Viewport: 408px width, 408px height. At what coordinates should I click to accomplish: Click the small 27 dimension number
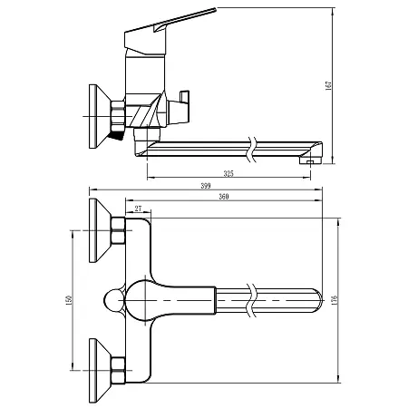(138, 209)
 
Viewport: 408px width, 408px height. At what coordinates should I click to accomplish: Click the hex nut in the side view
(118, 114)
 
